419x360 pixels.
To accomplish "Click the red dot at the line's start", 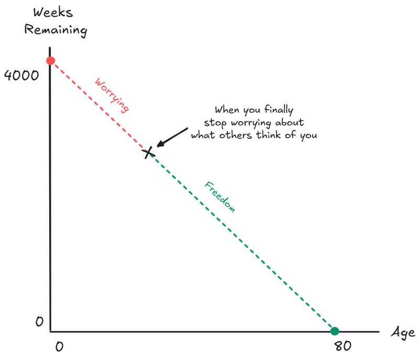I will click(x=50, y=61).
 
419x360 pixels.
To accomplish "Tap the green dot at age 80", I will click(x=334, y=331).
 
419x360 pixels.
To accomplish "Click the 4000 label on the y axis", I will click(x=21, y=75).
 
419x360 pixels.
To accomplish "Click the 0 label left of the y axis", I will click(x=39, y=321).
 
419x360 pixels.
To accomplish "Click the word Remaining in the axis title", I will click(x=56, y=30).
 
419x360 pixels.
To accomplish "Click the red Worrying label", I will click(x=112, y=96).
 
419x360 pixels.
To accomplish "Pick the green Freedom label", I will click(x=219, y=197).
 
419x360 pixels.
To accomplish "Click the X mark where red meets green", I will click(x=149, y=152).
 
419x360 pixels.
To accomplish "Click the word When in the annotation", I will click(x=226, y=111).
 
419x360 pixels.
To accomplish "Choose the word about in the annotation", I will click(x=292, y=123).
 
